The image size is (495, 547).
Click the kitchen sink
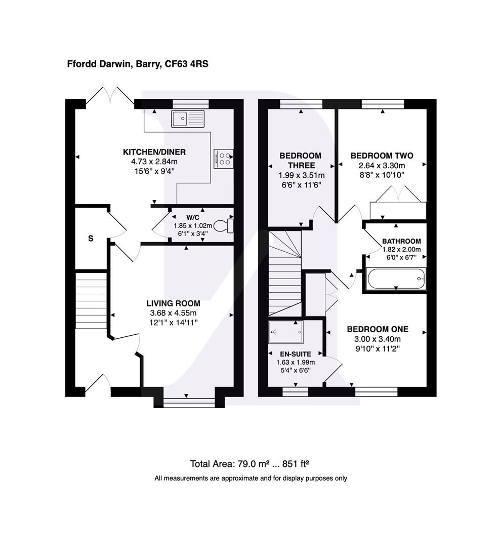pos(188,119)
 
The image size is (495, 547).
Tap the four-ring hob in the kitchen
pos(223,159)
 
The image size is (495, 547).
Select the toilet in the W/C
pos(223,225)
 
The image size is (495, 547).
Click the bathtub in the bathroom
pos(396,279)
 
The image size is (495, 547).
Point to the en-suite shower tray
pos(286,332)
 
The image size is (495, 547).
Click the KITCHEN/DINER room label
pos(154,152)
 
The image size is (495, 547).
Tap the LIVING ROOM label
pos(173,303)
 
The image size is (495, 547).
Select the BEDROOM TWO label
pos(382,155)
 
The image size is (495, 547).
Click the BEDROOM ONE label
pos(378,329)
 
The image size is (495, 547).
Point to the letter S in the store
pos(91,239)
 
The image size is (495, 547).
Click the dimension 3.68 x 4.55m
pos(173,313)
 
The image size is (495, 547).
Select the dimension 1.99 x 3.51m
pos(301,175)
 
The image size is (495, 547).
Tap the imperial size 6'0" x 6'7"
pos(401,258)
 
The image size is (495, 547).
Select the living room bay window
pos(189,403)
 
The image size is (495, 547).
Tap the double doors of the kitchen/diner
pos(110,96)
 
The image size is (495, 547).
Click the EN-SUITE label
pos(296,354)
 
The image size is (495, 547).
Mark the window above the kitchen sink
pos(190,104)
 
